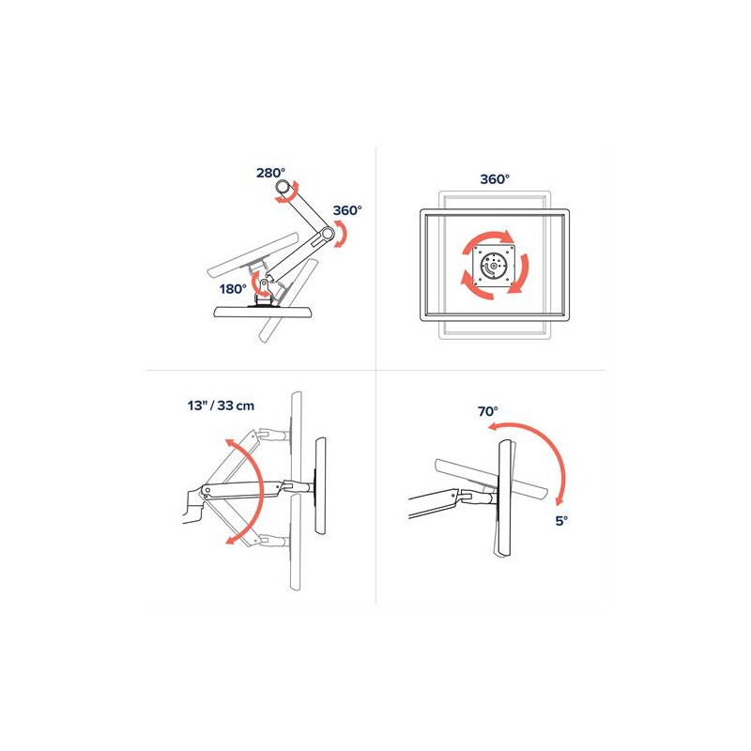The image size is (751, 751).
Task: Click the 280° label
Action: (x=270, y=173)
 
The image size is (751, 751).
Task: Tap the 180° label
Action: (x=233, y=289)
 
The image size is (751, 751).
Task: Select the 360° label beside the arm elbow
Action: (x=347, y=210)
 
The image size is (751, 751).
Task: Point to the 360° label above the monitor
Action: (x=495, y=179)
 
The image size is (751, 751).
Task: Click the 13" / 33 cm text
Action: (x=221, y=406)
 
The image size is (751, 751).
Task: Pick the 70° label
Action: (x=487, y=411)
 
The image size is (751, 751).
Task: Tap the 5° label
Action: (x=561, y=521)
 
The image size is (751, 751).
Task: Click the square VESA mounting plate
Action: (x=494, y=266)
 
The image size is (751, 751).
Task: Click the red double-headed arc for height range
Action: (x=261, y=491)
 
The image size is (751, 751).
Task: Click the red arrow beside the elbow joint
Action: (x=341, y=234)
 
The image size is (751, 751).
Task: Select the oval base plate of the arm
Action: (x=264, y=313)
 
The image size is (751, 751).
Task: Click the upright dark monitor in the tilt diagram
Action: (x=505, y=498)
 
